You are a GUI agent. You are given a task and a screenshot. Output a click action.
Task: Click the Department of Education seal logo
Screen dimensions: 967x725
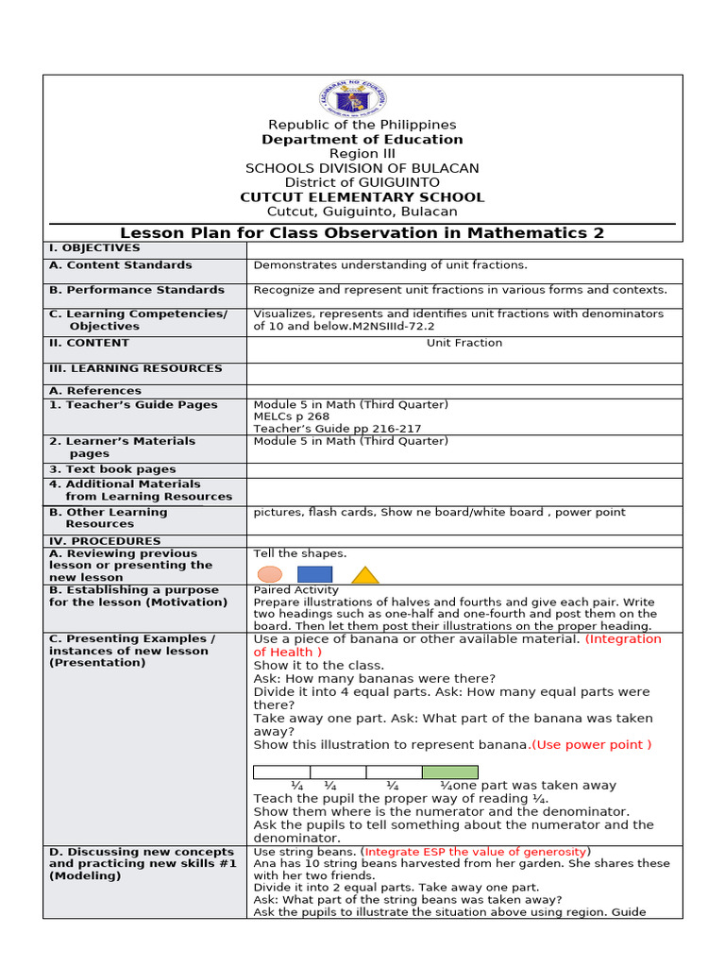point(362,98)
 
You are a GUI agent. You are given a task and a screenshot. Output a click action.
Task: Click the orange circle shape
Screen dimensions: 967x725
point(270,574)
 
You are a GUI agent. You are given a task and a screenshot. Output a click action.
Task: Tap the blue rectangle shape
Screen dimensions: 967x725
point(314,574)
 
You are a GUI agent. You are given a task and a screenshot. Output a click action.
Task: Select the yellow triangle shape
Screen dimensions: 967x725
point(365,575)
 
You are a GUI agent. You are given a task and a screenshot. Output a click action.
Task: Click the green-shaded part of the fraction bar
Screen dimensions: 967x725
point(449,772)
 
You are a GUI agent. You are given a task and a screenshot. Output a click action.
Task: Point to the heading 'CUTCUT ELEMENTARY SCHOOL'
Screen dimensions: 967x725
point(362,197)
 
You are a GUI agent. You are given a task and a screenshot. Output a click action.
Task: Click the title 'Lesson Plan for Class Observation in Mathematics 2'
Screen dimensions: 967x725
point(362,233)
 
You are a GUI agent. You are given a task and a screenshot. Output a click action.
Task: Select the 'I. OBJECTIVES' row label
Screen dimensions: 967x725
point(94,248)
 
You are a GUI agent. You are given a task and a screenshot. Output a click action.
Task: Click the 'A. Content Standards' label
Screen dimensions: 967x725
point(120,265)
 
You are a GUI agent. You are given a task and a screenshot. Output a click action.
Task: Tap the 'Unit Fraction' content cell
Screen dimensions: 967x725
point(464,343)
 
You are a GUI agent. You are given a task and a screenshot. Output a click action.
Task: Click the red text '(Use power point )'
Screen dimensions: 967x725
point(592,745)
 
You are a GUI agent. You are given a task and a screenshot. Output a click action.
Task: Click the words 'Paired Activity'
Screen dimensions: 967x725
point(295,590)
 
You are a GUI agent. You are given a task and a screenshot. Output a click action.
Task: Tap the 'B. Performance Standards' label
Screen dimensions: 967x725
point(137,290)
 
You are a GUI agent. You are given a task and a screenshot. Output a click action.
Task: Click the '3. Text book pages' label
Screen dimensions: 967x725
point(112,469)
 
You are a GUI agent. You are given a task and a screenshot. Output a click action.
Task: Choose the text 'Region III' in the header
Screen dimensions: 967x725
point(362,154)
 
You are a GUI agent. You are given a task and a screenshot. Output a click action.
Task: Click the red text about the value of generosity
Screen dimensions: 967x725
point(477,852)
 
